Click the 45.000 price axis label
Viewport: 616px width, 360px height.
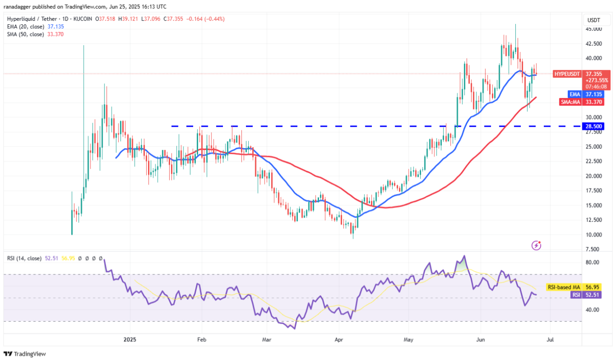click(x=594, y=29)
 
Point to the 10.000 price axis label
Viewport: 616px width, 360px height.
click(x=594, y=234)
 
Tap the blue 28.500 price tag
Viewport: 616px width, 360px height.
click(x=594, y=126)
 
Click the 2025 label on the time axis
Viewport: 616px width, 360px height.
click(x=130, y=340)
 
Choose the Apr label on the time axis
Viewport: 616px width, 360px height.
click(x=338, y=340)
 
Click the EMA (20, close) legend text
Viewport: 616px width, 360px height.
click(x=25, y=26)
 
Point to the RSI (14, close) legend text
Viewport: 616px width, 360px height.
click(x=24, y=258)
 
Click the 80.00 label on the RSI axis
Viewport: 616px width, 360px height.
click(x=593, y=262)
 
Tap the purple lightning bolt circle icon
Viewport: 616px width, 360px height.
click(x=536, y=246)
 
